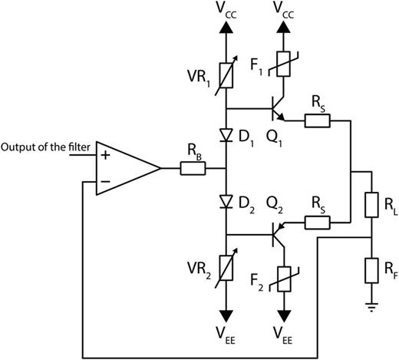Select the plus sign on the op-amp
click(x=104, y=155)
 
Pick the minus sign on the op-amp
click(x=104, y=181)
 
